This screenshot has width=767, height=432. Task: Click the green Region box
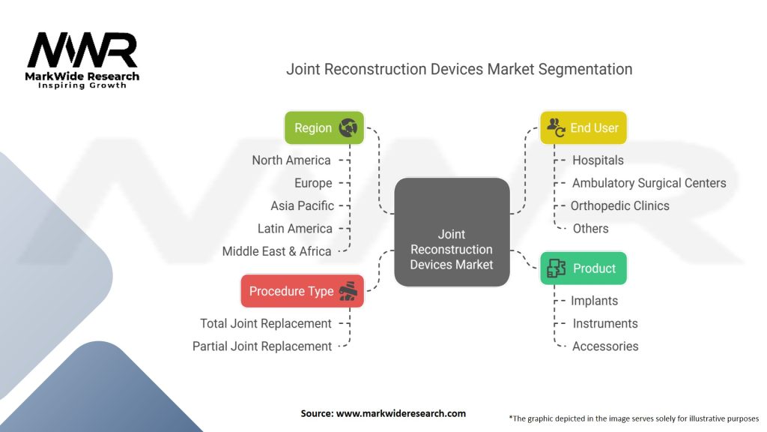point(324,128)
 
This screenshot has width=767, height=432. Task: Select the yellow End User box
point(583,128)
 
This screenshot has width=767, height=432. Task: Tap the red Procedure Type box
point(302,291)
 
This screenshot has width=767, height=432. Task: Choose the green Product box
point(583,268)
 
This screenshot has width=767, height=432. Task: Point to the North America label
point(291,160)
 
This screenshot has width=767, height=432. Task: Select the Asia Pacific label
point(302,205)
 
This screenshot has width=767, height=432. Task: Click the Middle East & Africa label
point(276,251)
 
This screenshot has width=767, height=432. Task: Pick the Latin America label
point(294,228)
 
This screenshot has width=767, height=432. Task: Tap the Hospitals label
point(598,160)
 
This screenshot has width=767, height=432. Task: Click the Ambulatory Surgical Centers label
point(649,183)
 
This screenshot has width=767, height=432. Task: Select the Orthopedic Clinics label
point(619,205)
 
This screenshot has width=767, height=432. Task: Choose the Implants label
point(594,301)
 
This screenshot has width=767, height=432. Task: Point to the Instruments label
point(604,323)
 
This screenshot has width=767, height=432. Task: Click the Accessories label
point(605,346)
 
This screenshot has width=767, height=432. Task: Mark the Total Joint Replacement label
point(265,323)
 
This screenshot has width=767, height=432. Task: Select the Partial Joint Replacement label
point(261,346)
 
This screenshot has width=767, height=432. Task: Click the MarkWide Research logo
point(82,60)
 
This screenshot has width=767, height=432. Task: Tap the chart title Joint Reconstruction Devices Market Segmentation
point(459,69)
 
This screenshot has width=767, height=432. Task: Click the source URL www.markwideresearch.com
point(383,413)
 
